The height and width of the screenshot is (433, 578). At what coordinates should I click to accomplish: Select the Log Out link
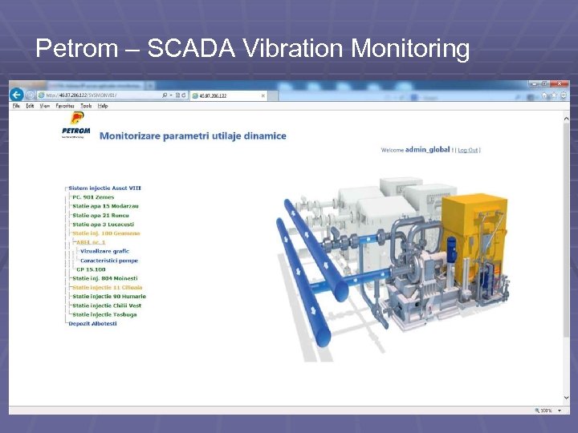click(x=468, y=150)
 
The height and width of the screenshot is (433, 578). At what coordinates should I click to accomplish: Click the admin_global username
click(x=428, y=150)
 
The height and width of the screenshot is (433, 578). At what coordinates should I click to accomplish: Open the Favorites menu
click(x=65, y=106)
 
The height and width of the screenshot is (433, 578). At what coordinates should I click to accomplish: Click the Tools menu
click(x=84, y=106)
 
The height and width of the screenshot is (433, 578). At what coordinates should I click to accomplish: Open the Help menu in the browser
click(x=103, y=106)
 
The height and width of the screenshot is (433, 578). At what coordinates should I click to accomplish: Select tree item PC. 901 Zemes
click(x=93, y=197)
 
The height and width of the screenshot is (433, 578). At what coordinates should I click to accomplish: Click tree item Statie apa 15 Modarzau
click(x=100, y=206)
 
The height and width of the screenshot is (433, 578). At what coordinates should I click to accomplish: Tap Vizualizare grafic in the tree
click(x=104, y=251)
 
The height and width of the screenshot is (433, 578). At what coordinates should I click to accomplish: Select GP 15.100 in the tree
click(x=90, y=269)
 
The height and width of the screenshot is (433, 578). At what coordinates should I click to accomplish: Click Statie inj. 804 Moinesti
click(x=104, y=278)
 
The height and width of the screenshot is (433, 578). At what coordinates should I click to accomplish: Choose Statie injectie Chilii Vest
click(x=106, y=306)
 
